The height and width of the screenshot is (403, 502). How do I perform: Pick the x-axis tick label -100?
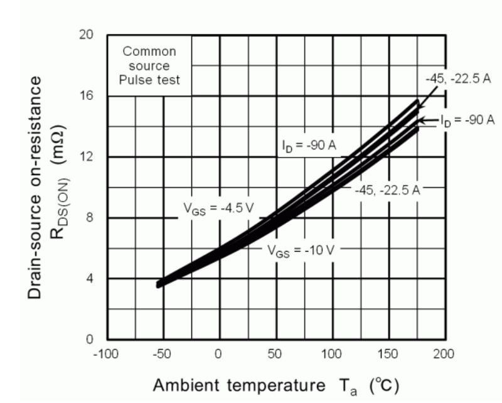click(x=105, y=354)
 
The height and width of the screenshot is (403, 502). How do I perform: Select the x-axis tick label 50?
click(x=274, y=354)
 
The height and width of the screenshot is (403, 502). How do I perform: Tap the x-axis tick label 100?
click(x=331, y=354)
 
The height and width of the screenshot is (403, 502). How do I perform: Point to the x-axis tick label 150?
click(x=387, y=354)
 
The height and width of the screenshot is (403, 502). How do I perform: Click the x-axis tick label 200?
click(x=443, y=354)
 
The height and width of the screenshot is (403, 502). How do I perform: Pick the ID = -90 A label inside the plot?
click(x=309, y=146)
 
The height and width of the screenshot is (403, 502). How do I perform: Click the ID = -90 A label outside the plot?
click(x=467, y=119)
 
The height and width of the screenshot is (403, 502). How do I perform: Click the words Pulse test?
click(x=151, y=80)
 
